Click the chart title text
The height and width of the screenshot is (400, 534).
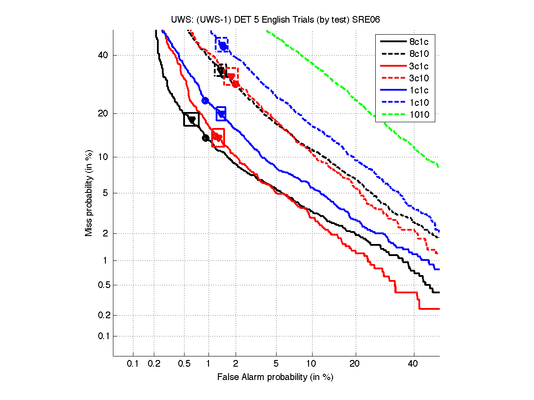[x=276, y=20]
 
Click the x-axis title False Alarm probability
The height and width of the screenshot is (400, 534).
[x=275, y=377]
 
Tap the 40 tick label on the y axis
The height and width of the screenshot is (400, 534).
[x=103, y=56]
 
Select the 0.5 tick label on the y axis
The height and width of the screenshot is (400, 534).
[x=101, y=285]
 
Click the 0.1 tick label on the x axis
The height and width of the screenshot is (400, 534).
[x=133, y=364]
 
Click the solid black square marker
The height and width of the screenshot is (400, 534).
[x=191, y=119]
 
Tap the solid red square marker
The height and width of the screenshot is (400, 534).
[x=218, y=137]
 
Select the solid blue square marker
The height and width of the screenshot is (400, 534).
[x=221, y=114]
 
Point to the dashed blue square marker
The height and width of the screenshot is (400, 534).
[x=222, y=44]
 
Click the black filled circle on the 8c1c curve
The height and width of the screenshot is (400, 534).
[x=205, y=138]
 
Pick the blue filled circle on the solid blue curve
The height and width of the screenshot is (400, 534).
[x=205, y=100]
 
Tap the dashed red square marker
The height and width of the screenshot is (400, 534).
[x=231, y=76]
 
